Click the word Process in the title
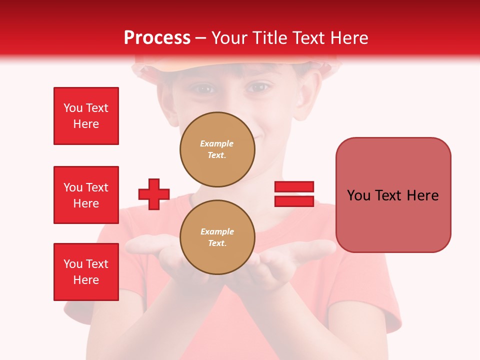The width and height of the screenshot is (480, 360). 157,38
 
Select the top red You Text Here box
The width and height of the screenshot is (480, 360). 86,116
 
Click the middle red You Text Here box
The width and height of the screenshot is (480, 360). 86,195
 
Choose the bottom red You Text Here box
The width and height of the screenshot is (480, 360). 86,272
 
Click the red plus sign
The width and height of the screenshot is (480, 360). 154,194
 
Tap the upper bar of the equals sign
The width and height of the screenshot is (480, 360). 294,186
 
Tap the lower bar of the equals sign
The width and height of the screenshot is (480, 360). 294,201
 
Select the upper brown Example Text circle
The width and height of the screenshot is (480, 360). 217,149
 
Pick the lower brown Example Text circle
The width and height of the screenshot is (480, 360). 217,237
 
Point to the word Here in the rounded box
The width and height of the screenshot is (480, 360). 422,195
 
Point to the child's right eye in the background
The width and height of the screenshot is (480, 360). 258,88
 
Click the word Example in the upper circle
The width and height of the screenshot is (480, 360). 217,143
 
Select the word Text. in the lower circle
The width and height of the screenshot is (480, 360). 217,243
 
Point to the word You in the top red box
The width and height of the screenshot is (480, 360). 72,108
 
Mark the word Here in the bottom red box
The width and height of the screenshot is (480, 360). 86,280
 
